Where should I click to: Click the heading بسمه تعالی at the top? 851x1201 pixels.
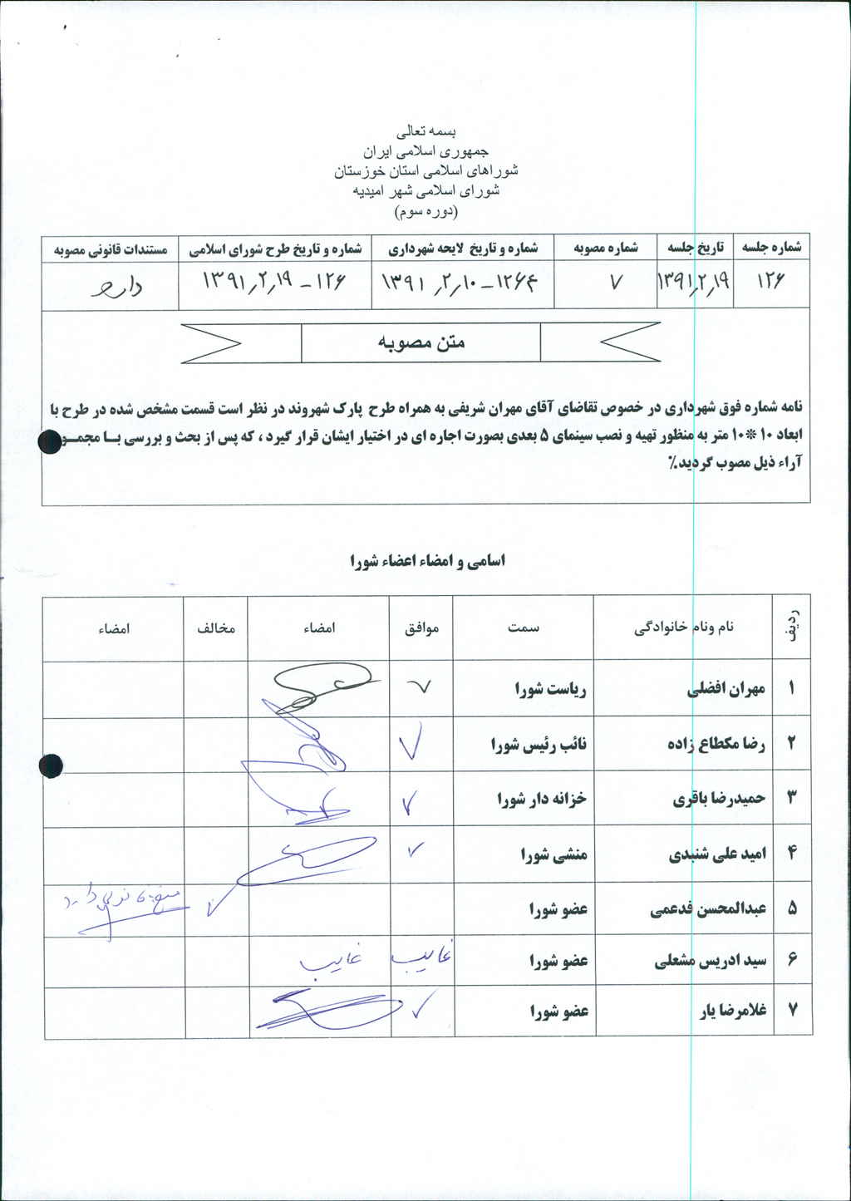tap(426, 131)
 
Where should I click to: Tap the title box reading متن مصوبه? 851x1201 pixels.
tap(421, 342)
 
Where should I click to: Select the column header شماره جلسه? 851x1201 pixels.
tap(771, 248)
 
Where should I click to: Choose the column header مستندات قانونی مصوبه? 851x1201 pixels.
tap(111, 249)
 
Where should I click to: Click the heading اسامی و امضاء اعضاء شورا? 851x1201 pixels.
tap(427, 561)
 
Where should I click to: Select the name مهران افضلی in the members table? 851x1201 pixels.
tap(726, 689)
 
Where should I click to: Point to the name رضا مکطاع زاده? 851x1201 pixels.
tap(716, 744)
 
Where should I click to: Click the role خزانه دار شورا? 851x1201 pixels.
tap(542, 799)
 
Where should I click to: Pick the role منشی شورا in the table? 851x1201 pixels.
tap(553, 854)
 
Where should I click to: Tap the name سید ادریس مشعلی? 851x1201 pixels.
tap(711, 962)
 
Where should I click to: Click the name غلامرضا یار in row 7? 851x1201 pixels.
tap(732, 1011)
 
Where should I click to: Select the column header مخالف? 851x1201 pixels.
tap(216, 628)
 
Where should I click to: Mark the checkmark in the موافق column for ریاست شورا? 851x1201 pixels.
tap(421, 687)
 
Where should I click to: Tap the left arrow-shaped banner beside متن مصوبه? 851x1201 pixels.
tap(212, 342)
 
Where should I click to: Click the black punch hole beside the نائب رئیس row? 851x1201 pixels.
tap(51, 765)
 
